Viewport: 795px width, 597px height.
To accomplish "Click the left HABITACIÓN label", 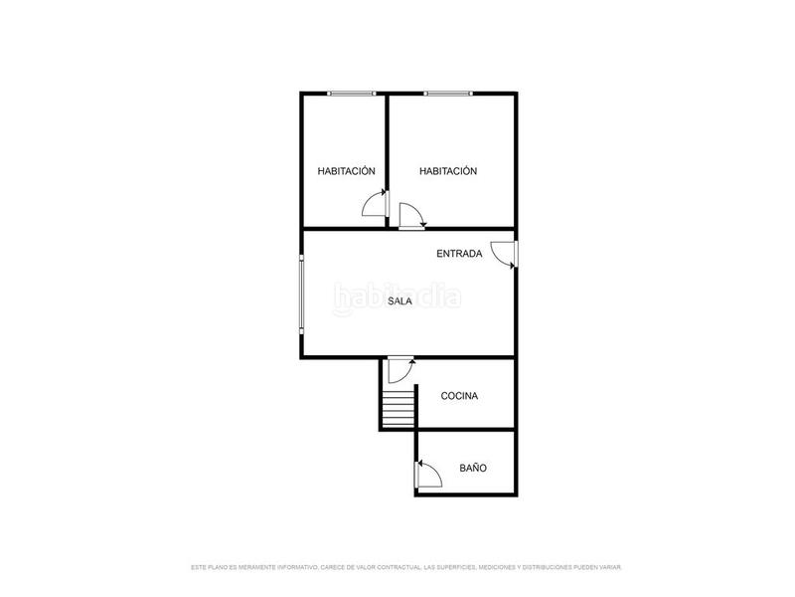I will tap(346, 171).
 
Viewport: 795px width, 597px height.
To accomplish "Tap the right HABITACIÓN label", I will tap(448, 171).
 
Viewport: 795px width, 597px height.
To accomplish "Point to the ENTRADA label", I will tap(459, 254).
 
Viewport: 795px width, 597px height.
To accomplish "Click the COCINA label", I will tap(459, 396).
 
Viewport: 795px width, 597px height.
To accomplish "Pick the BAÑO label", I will tap(473, 468).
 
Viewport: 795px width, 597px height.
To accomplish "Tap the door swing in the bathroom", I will tap(428, 473).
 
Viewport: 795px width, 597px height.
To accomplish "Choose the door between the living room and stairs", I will tap(400, 369).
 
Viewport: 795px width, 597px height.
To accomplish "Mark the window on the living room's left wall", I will tap(303, 296).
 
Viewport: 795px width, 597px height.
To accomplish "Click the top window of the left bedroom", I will tap(351, 94).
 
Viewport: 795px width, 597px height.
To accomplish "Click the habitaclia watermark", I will tap(397, 296).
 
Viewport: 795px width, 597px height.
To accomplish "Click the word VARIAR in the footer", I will tap(609, 567).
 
